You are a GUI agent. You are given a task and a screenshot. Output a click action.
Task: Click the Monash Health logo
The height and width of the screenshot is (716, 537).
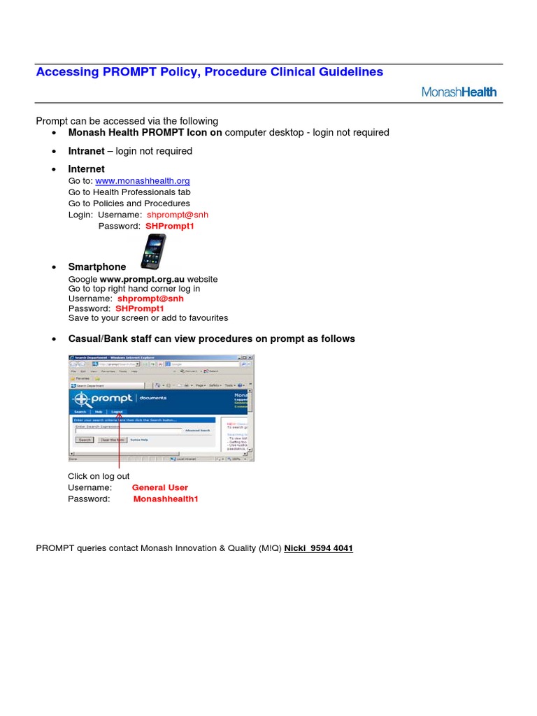[459, 92]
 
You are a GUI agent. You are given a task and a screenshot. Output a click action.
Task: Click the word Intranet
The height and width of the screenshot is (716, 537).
[86, 151]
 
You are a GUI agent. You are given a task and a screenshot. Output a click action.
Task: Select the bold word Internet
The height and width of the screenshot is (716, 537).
[86, 169]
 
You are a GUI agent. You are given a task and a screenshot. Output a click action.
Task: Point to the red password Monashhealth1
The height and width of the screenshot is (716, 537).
[166, 499]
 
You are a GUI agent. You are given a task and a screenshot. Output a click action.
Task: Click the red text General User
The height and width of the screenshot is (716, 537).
[160, 487]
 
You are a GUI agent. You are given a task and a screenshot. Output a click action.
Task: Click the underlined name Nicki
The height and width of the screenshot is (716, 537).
[296, 549]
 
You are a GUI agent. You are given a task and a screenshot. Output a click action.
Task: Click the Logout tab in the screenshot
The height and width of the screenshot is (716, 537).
[117, 413]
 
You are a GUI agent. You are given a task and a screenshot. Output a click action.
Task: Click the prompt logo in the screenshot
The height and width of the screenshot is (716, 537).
[102, 398]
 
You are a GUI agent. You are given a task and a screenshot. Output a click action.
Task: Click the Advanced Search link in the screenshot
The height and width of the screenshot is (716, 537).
[197, 431]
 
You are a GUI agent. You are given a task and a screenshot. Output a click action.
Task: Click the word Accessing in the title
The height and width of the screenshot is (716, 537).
[65, 72]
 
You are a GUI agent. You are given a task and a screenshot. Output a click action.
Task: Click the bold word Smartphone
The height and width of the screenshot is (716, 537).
[97, 266]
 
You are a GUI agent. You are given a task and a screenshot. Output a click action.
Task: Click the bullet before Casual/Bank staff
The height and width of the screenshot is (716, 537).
[55, 339]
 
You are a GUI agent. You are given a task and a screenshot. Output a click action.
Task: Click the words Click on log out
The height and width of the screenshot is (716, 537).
[99, 476]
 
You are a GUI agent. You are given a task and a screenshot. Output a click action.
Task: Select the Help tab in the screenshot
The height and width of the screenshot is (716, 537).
[99, 413]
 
